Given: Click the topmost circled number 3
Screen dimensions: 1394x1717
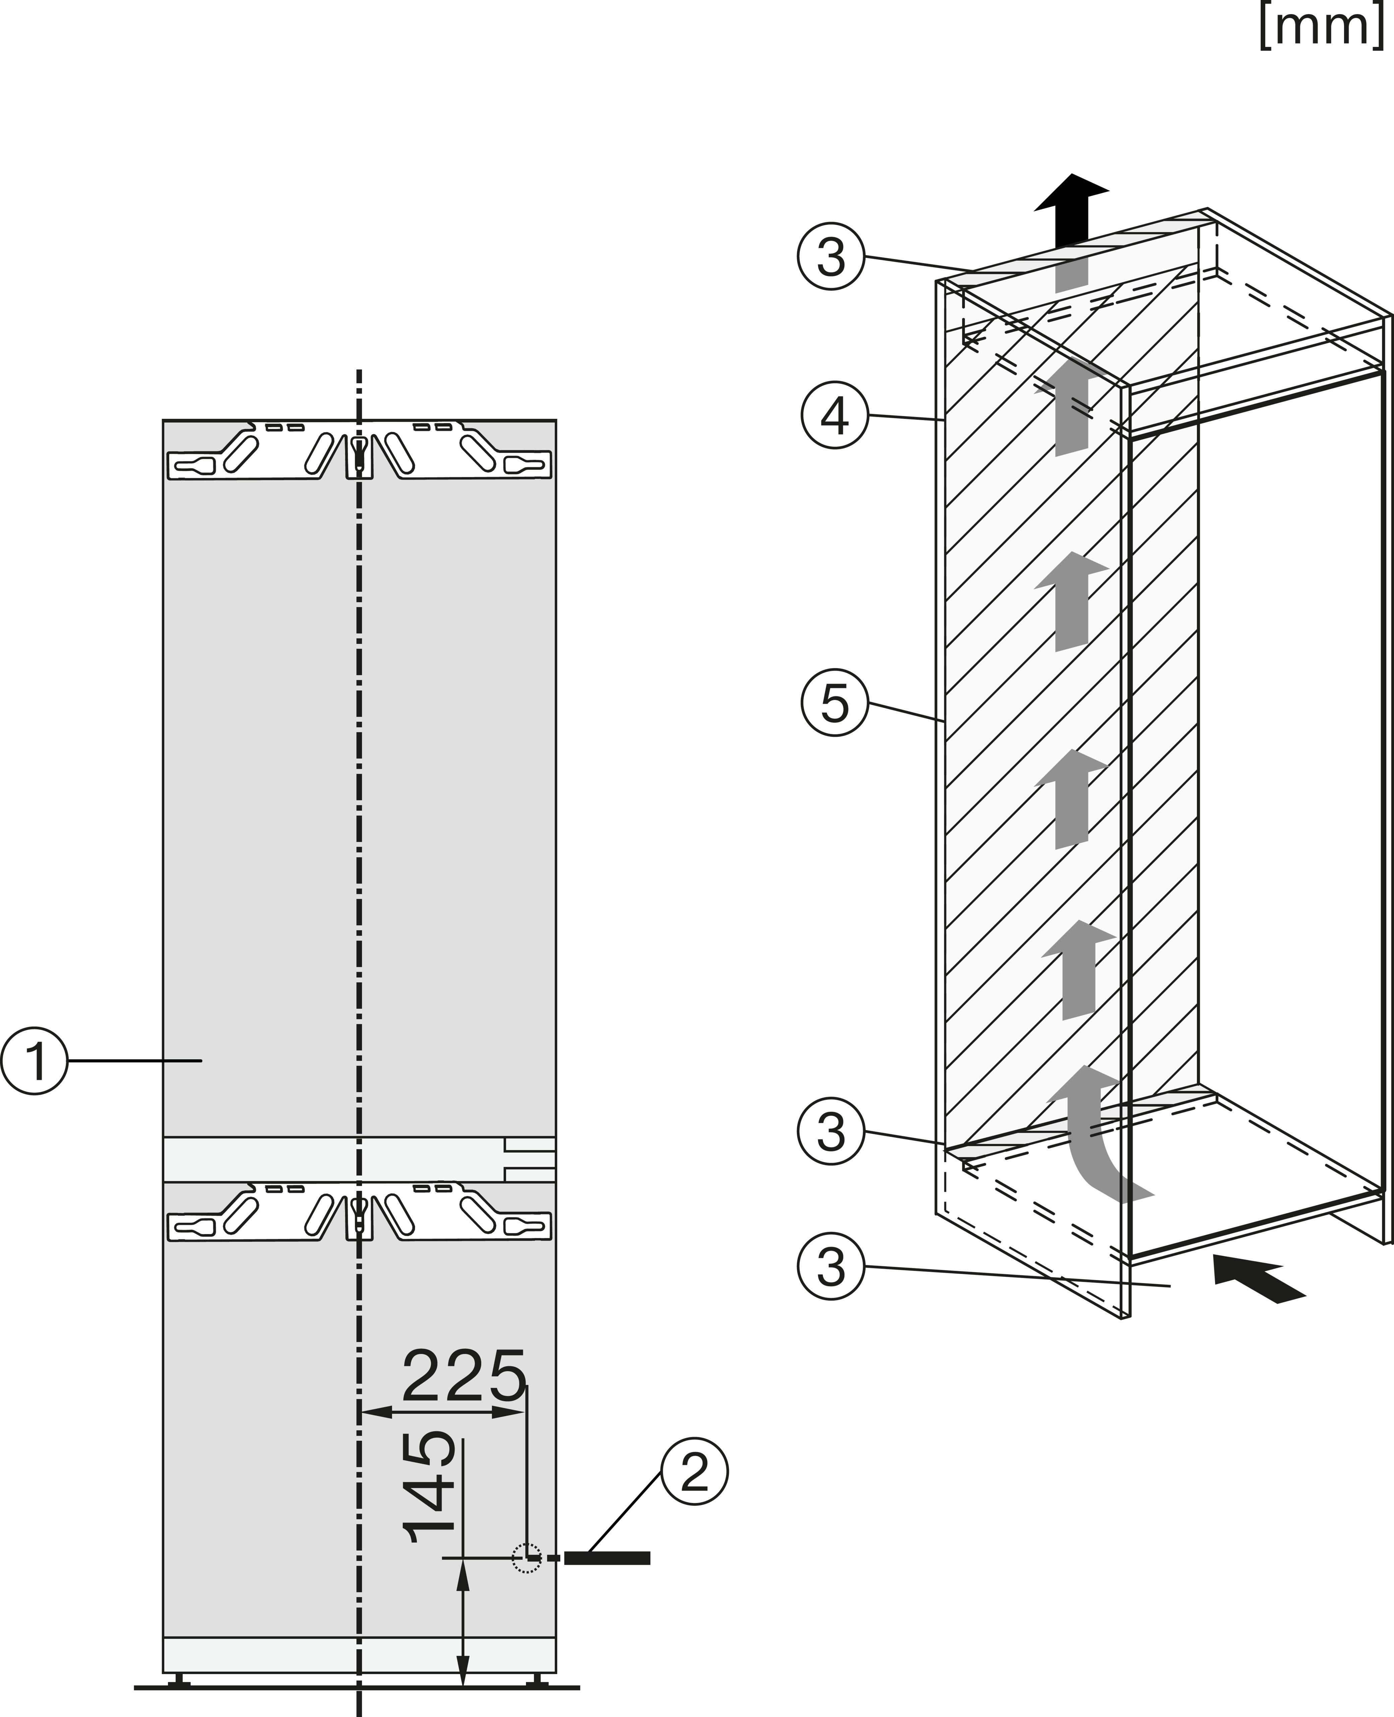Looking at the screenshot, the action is (831, 257).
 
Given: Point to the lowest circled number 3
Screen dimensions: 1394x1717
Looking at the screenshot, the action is (831, 1267).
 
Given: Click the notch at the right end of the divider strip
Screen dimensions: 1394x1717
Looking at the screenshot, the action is (530, 1159).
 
